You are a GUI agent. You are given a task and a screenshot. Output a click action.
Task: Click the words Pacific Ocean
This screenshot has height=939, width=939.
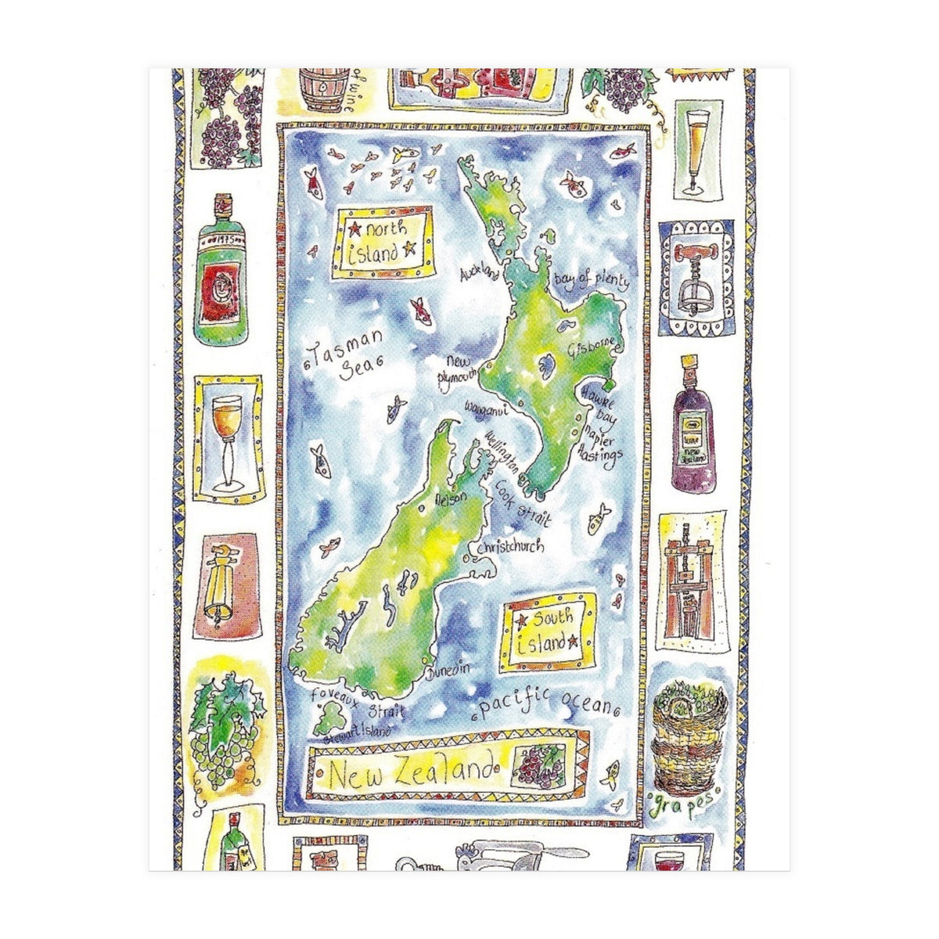click(x=545, y=703)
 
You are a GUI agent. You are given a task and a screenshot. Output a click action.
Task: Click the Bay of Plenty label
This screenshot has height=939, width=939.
click(x=591, y=281)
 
